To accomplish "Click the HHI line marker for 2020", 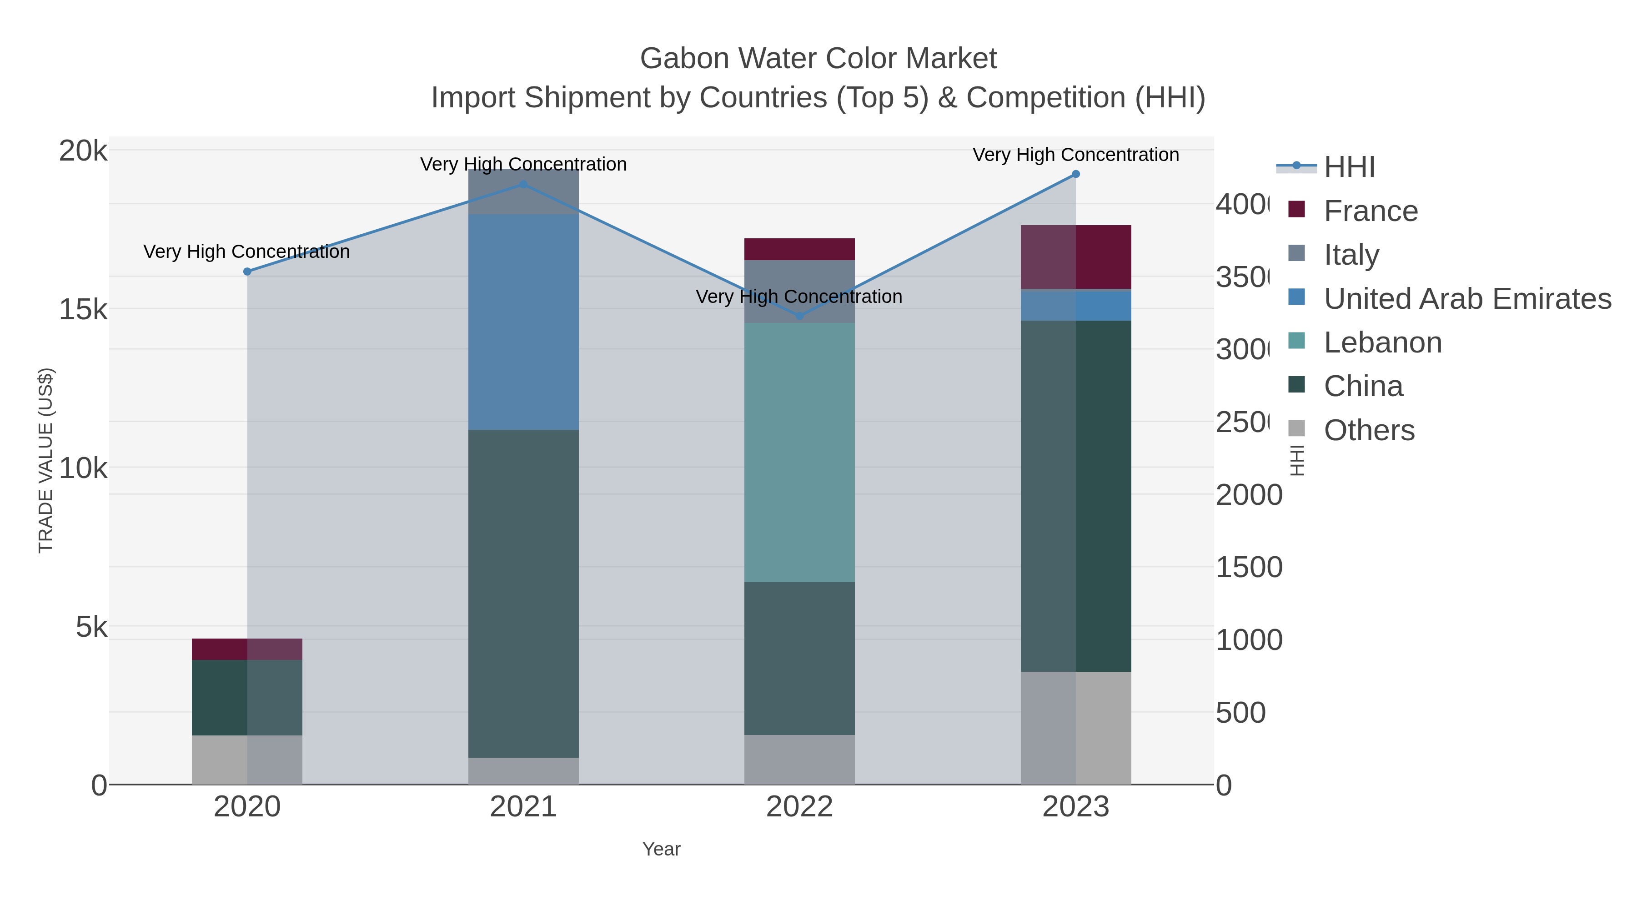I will click(247, 272).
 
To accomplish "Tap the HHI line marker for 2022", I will click(799, 316).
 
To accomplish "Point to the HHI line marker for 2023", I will click(1075, 174).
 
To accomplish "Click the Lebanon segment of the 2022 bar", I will click(799, 452).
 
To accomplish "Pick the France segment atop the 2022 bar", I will click(799, 249).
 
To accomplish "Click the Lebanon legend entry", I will click(1382, 342).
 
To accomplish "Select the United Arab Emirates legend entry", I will click(1466, 299).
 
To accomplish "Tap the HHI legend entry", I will click(1349, 167).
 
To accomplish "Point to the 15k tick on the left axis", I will click(83, 310).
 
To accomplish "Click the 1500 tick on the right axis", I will click(1248, 567).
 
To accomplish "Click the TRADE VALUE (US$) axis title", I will click(46, 460).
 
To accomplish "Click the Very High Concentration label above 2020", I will click(246, 252).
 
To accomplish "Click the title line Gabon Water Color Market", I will click(818, 59).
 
